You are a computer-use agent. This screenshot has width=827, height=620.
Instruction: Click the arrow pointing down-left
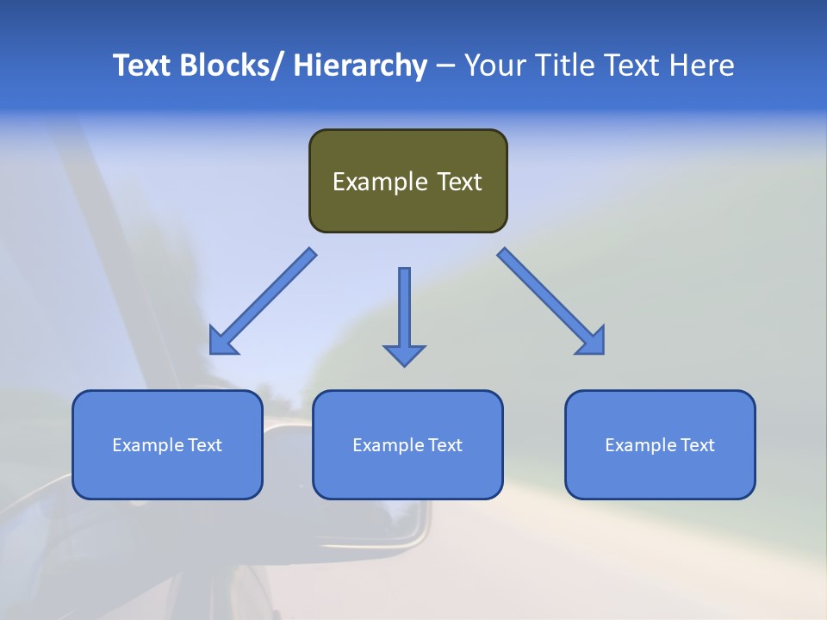pyautogui.click(x=267, y=298)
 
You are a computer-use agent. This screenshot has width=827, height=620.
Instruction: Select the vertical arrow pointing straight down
pyautogui.click(x=404, y=310)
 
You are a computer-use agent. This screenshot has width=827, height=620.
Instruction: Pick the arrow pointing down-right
pyautogui.click(x=547, y=298)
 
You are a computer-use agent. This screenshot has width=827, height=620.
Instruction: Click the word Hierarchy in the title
pyautogui.click(x=360, y=65)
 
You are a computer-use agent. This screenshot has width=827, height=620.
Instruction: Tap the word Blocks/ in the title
pyautogui.click(x=231, y=65)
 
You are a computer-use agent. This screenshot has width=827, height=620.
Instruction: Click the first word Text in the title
pyautogui.click(x=143, y=65)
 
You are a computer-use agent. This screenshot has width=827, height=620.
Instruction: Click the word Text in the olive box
pyautogui.click(x=458, y=182)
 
